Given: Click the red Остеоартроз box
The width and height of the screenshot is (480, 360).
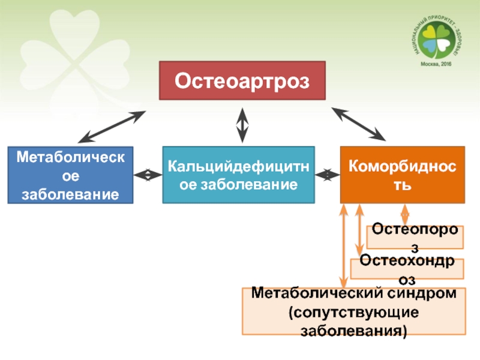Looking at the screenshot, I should pos(242,80).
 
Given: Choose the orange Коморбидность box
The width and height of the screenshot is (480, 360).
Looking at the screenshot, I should pos(402,175).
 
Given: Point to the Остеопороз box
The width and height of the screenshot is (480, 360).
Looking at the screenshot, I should pos(416,236).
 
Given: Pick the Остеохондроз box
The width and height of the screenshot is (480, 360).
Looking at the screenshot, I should pos(407,268).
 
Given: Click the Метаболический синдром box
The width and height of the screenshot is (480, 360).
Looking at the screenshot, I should pos(354,311).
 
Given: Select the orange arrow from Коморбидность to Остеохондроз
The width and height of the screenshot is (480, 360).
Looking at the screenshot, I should pos(359,231).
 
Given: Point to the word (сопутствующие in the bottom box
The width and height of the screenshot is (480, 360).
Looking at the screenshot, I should pos(354,313).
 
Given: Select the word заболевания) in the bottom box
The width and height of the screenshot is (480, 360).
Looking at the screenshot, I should pos(354,331).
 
